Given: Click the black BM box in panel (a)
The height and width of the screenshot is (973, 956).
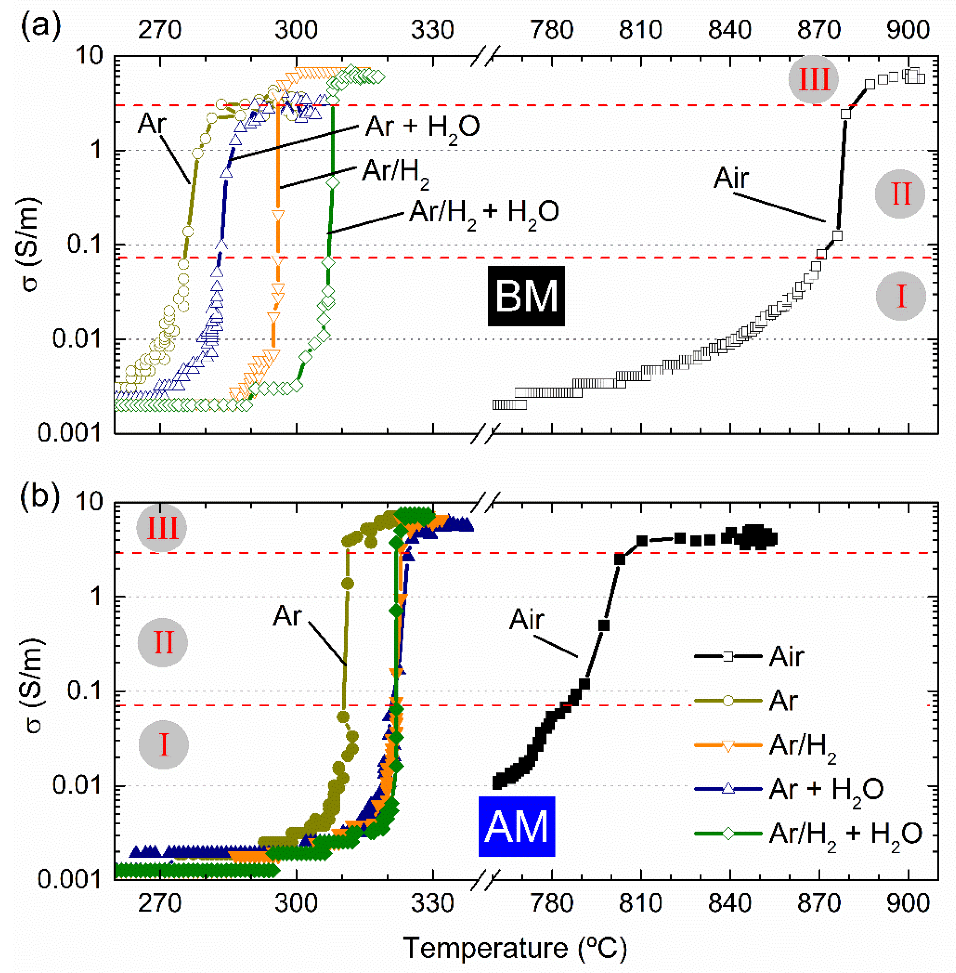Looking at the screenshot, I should [x=526, y=296].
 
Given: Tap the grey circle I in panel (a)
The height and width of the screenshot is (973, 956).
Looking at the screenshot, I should [x=901, y=296].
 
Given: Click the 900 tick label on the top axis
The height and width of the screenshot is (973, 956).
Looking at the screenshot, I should [x=908, y=30].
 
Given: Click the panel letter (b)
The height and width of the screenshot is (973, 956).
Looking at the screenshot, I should [x=40, y=495].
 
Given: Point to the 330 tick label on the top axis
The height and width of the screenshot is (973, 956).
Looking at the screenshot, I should [x=432, y=30].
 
